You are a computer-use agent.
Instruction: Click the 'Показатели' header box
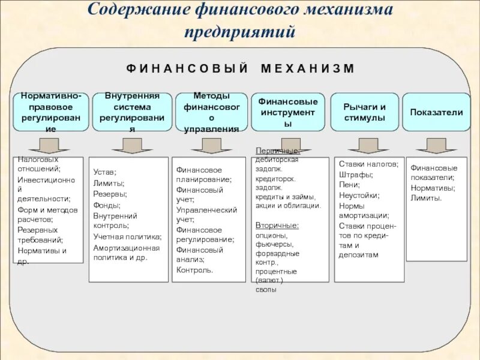click(436, 112)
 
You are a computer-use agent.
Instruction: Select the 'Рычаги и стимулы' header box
click(364, 112)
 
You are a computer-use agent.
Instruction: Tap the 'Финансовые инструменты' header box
click(288, 112)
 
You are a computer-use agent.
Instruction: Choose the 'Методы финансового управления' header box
click(211, 112)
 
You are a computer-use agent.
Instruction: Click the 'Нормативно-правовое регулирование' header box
click(51, 112)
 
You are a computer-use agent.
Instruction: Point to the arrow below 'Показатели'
click(437, 146)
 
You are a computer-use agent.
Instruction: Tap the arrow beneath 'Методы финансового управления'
click(212, 146)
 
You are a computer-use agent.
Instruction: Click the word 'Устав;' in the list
click(105, 172)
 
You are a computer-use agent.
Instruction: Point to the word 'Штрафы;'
click(356, 175)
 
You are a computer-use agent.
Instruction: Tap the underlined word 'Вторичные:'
click(277, 226)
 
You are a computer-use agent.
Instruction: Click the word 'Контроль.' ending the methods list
click(194, 270)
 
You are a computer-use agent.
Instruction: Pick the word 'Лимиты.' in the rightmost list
click(426, 199)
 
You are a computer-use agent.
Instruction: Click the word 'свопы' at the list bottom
click(266, 290)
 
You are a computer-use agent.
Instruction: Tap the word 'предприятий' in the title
click(240, 31)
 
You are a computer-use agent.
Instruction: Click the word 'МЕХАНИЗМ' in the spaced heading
click(308, 68)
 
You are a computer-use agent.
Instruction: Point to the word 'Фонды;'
click(106, 205)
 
